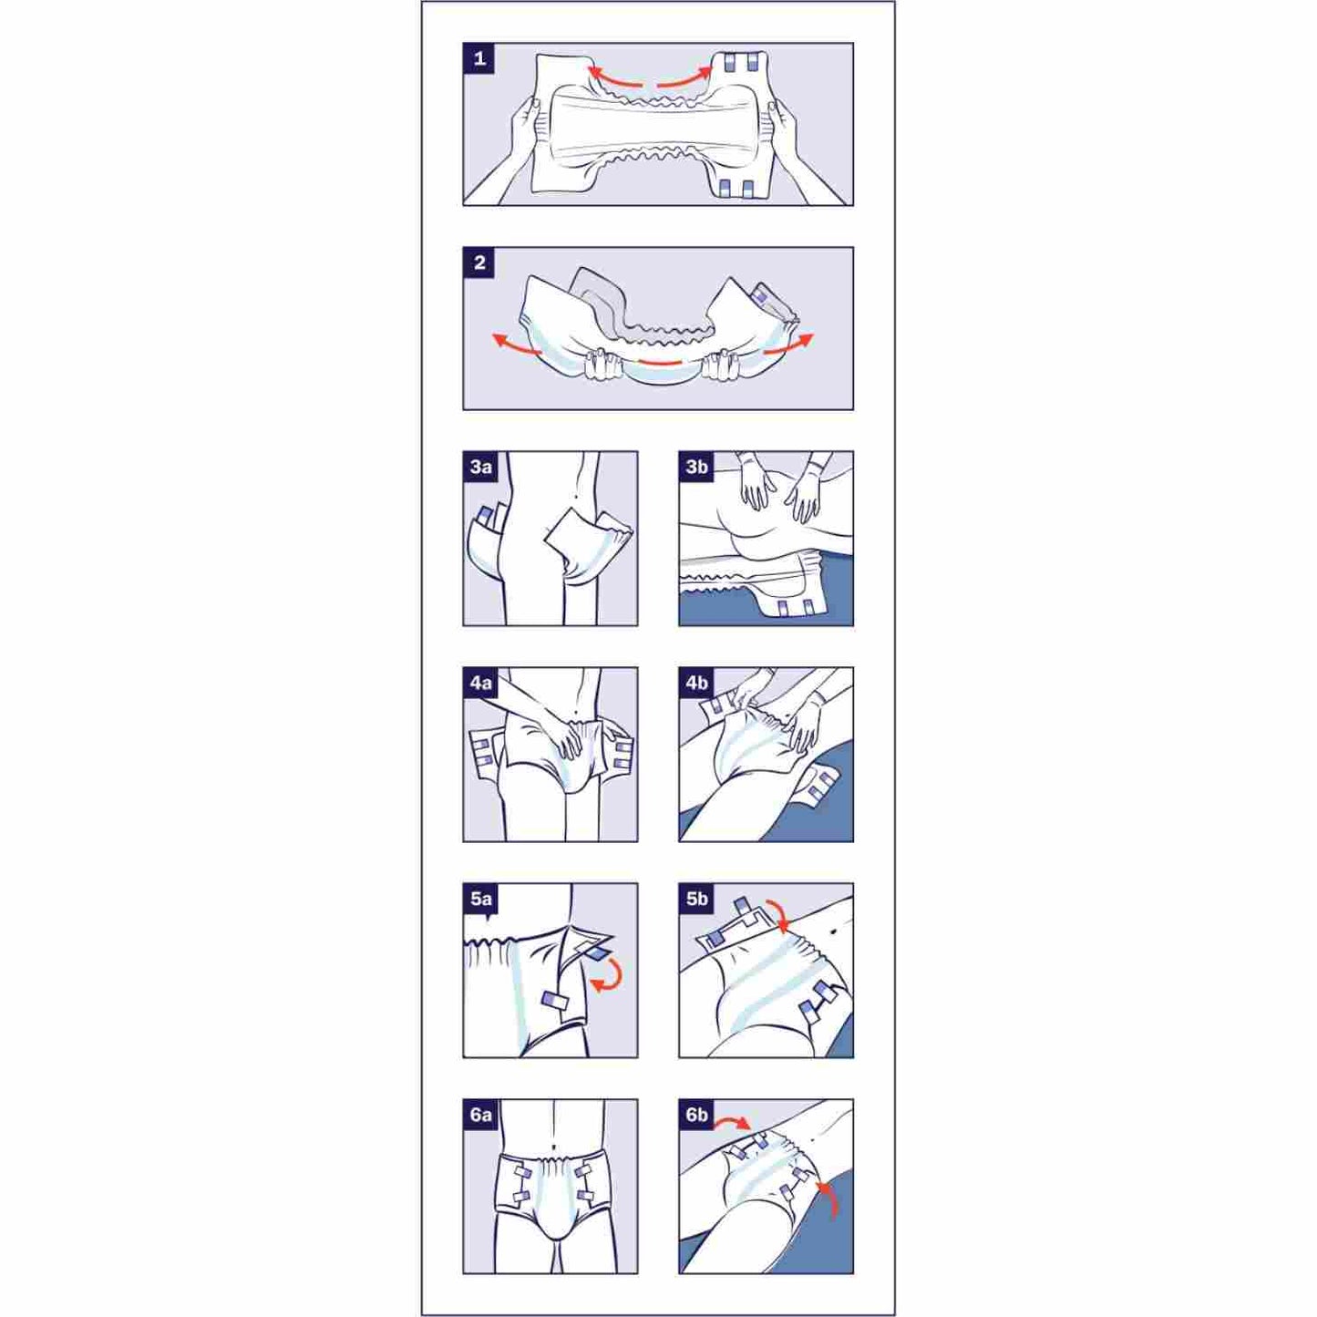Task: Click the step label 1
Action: pos(479,58)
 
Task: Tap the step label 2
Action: pos(479,262)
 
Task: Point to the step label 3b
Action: pos(696,467)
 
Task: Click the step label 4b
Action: pos(696,683)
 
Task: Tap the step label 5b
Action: pos(696,899)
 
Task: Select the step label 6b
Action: pos(696,1115)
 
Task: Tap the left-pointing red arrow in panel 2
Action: pos(517,344)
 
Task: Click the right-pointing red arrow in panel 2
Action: pos(788,344)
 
